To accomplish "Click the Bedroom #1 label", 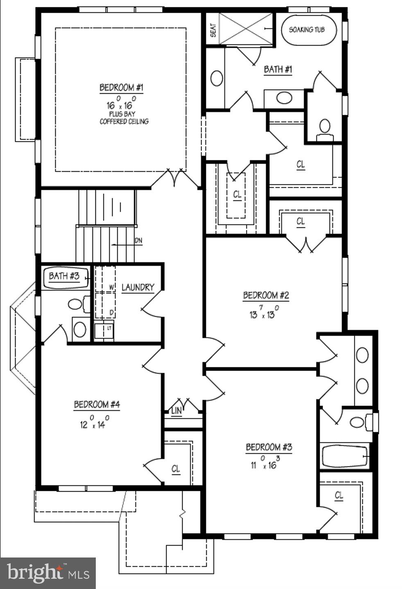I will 122,88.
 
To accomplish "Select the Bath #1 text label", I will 278,69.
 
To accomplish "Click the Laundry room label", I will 138,287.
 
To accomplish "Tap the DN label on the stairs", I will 138,241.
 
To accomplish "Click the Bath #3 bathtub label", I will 64,276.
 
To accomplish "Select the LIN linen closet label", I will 176,411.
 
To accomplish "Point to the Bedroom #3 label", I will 269,447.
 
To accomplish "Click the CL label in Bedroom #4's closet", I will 176,469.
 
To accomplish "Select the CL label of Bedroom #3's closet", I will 339,495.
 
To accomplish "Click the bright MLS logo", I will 47,573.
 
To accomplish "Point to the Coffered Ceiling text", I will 124,121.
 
